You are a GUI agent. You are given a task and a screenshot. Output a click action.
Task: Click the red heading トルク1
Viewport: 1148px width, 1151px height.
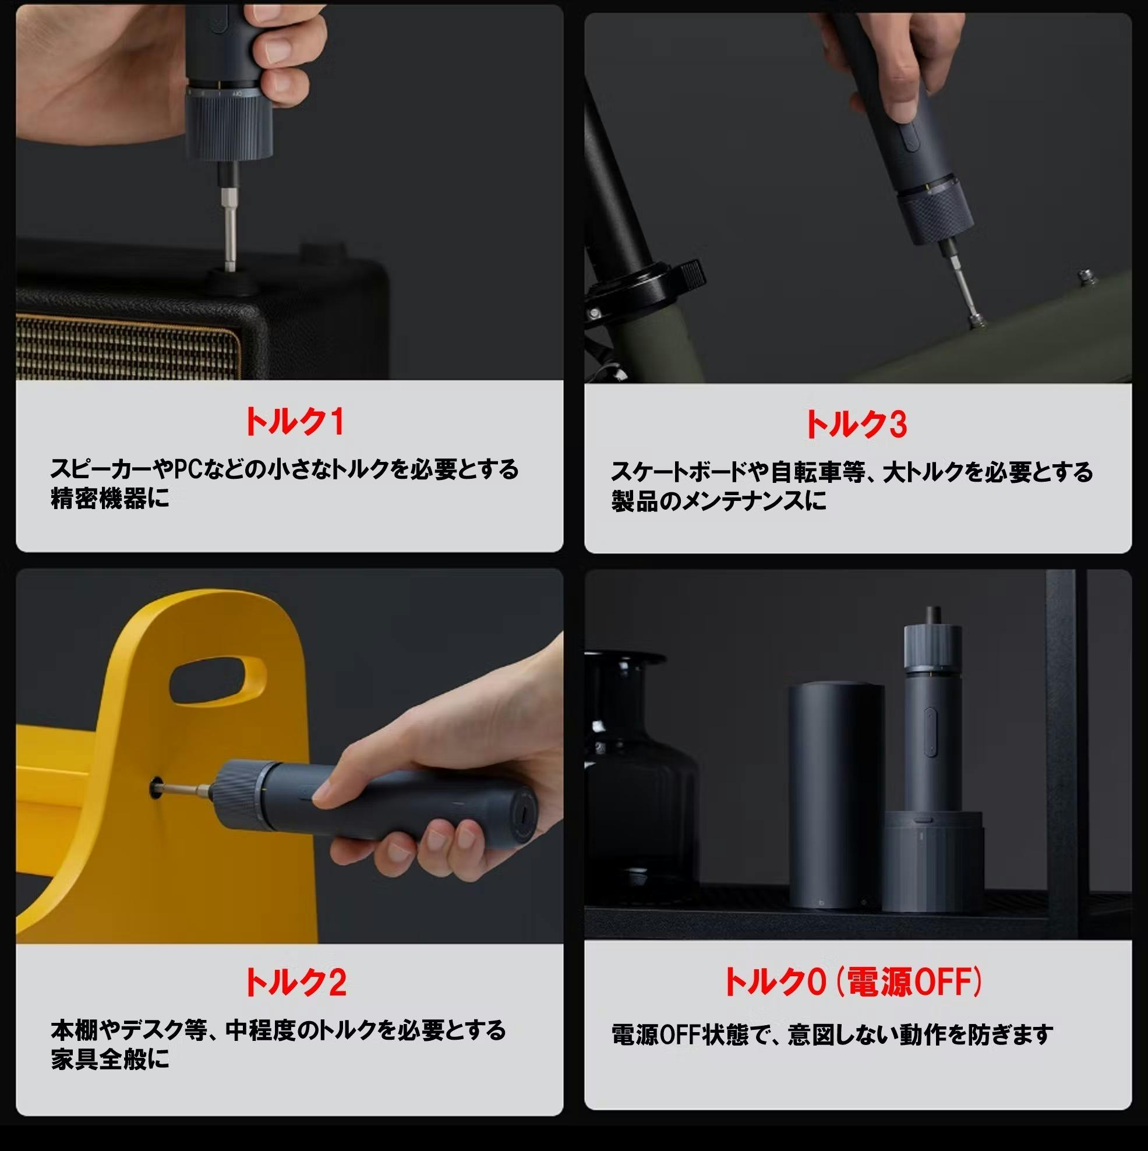pyautogui.click(x=294, y=422)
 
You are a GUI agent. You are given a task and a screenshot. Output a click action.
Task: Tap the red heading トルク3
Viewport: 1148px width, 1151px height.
pyautogui.click(x=856, y=424)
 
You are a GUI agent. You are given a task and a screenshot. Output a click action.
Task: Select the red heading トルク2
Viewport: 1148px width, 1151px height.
pyautogui.click(x=295, y=981)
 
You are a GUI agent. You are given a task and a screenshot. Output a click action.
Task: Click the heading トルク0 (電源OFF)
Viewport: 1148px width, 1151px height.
pyautogui.click(x=853, y=981)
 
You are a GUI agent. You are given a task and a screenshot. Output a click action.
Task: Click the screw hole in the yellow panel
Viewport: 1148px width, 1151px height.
pyautogui.click(x=157, y=788)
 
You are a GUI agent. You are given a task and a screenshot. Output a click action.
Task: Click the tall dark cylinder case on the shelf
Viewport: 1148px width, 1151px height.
pyautogui.click(x=836, y=796)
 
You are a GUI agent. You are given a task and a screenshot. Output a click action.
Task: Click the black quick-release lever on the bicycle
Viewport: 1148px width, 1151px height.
pyautogui.click(x=688, y=273)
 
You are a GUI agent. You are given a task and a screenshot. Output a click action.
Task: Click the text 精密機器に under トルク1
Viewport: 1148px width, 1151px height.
pyautogui.click(x=110, y=499)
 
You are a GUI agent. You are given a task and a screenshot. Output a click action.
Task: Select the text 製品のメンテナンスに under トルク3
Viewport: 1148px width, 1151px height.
pyautogui.click(x=719, y=500)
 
